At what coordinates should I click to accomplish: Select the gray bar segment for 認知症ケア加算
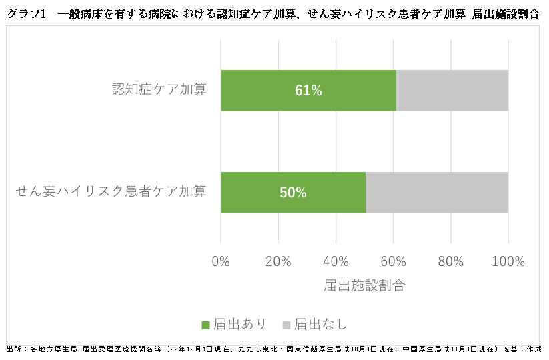click(x=452, y=90)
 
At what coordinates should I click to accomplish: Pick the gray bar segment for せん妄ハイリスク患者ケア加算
click(x=437, y=193)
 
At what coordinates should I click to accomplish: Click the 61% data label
click(x=308, y=91)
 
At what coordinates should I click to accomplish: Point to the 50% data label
click(x=293, y=193)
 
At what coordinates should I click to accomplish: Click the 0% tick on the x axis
click(x=221, y=261)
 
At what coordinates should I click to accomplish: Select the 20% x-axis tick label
click(x=278, y=261)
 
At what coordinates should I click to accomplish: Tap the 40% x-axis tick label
click(x=336, y=261)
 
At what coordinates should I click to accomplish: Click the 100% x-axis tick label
click(x=508, y=261)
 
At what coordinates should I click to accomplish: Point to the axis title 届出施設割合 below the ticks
click(x=364, y=285)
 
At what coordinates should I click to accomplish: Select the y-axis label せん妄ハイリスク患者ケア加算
click(x=111, y=191)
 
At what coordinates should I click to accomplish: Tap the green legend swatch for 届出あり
click(x=205, y=325)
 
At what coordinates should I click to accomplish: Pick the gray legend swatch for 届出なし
click(x=286, y=325)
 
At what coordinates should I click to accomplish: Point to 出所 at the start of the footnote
click(x=13, y=349)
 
